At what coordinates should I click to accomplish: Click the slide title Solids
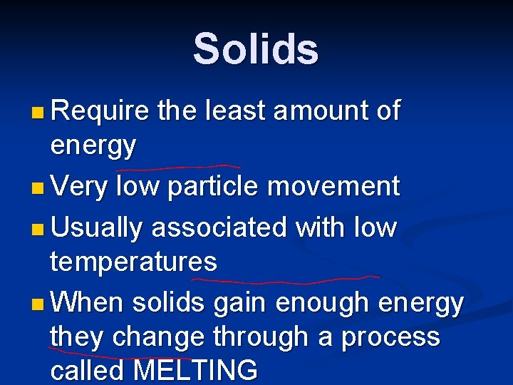click(x=256, y=48)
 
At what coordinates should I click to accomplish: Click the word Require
click(x=100, y=111)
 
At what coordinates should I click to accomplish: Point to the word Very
click(x=79, y=187)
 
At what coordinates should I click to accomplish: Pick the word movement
click(x=333, y=187)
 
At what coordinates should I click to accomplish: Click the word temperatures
click(x=133, y=262)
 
